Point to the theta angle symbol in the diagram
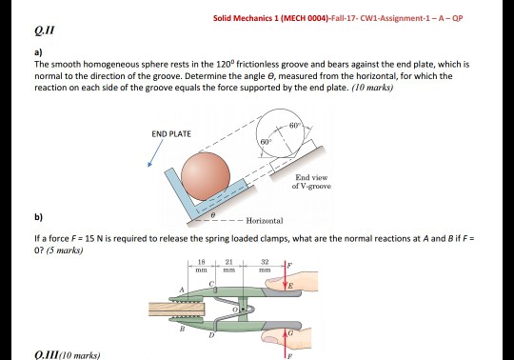217,217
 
